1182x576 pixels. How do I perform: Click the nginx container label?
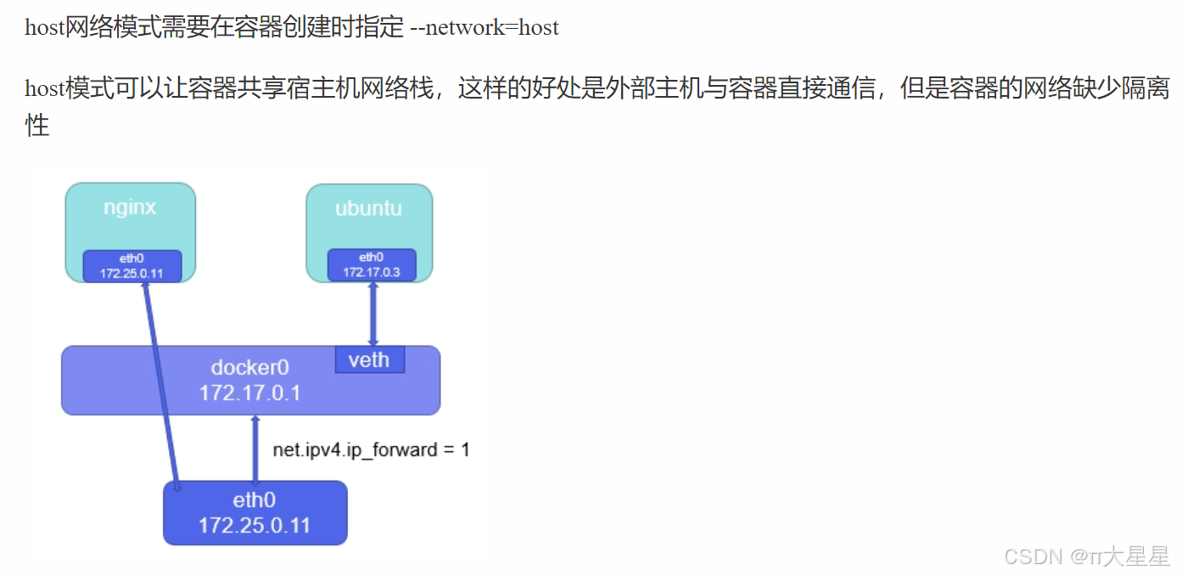click(x=130, y=207)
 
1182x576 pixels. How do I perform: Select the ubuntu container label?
click(x=368, y=208)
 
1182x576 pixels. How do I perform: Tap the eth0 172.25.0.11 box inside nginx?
click(x=132, y=266)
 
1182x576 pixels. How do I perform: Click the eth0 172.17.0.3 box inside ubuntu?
click(x=372, y=265)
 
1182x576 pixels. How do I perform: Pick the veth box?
click(x=369, y=359)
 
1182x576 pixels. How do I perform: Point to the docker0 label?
click(x=249, y=368)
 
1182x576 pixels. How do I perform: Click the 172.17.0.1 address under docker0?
click(x=249, y=393)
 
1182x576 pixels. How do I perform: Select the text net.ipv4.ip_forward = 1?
click(x=371, y=449)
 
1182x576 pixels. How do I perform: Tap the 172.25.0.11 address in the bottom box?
click(x=255, y=526)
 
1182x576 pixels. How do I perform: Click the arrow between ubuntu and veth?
click(x=373, y=313)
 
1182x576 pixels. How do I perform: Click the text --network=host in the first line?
click(x=484, y=27)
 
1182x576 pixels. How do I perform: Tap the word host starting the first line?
click(x=44, y=27)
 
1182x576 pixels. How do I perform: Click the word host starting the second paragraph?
click(x=44, y=88)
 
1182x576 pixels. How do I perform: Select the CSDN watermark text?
click(x=1087, y=556)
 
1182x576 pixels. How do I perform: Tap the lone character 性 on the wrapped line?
click(x=36, y=127)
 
